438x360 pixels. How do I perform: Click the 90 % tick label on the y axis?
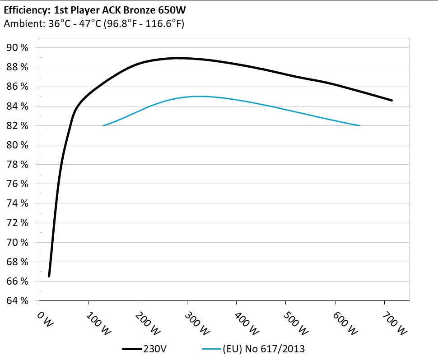[x=18, y=48]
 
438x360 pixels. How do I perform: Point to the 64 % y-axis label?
[x=18, y=301]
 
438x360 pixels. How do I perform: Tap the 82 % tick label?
[x=18, y=126]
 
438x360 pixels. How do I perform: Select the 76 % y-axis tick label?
[x=18, y=184]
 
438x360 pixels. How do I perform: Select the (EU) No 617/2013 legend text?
[x=263, y=349]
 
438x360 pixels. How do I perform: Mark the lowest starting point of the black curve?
[x=49, y=276]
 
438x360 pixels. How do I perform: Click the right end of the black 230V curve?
[x=391, y=100]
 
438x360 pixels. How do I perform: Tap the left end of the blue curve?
[x=103, y=125]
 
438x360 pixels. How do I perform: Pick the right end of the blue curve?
[x=359, y=125]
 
